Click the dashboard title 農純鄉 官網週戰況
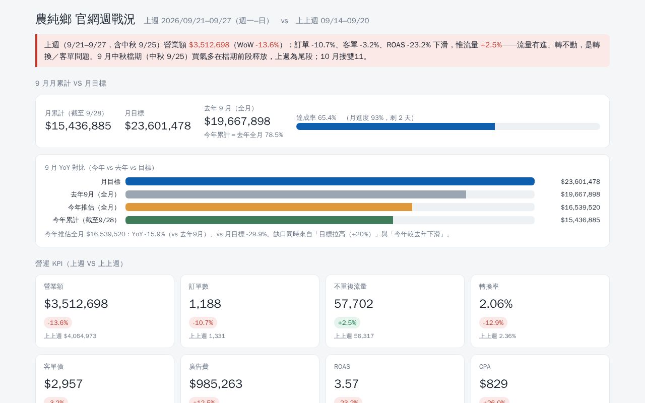85,20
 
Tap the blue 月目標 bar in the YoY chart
330,181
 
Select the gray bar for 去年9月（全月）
296,194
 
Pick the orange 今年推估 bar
269,207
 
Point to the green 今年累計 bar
259,220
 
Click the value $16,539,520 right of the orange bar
580,207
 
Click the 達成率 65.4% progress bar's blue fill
396,126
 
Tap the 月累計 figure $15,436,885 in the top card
78,126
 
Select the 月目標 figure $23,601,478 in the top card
158,126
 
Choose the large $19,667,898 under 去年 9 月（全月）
237,121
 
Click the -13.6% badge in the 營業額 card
58,323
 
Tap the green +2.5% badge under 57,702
347,323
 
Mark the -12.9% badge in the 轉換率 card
493,323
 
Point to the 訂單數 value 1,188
205,304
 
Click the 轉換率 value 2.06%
496,304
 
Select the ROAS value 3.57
346,384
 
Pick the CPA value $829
493,384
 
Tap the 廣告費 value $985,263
216,384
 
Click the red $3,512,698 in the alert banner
209,45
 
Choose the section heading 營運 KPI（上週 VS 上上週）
80,263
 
